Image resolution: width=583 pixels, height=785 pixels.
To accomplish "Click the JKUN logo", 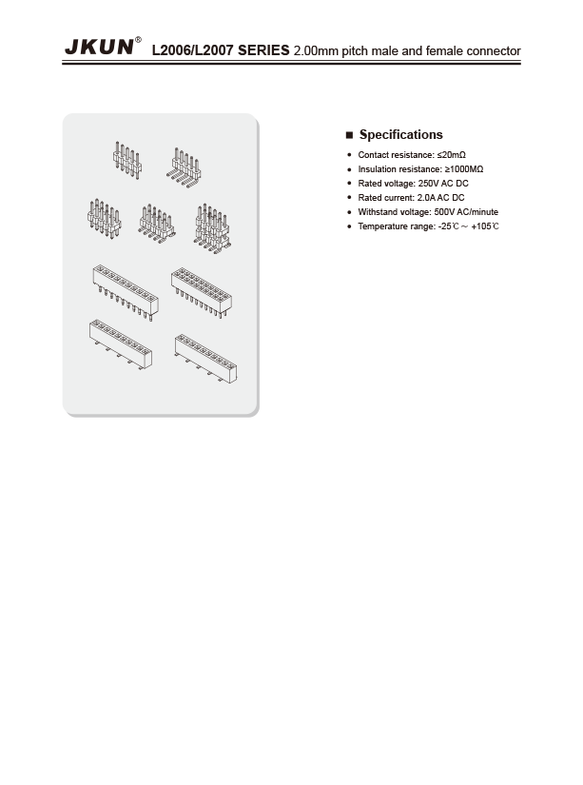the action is coord(99,47).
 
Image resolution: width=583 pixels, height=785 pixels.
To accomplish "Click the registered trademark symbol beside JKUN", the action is coord(138,40).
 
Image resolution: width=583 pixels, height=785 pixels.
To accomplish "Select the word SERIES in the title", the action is coord(263,50).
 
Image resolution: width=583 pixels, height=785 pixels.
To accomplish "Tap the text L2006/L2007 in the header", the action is coord(193,50).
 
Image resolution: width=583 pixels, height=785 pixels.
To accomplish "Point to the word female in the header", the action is coord(444,50).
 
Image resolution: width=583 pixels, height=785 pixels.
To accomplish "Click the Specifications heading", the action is coord(400,135).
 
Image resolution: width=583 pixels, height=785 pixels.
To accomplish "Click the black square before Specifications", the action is coord(349,135).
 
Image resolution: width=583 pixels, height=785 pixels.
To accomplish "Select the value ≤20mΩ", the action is coord(451,155).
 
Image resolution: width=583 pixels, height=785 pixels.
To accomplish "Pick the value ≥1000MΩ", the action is coord(464,169).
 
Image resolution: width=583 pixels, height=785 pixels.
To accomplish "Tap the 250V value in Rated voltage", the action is coord(428,184).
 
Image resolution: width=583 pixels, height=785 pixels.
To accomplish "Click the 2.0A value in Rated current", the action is coord(426,198).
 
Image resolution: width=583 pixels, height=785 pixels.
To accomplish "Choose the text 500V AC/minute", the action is coord(466,212).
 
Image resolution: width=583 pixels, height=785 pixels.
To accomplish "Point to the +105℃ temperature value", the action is coord(485,226).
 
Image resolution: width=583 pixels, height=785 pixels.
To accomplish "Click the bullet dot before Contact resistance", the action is coord(349,155).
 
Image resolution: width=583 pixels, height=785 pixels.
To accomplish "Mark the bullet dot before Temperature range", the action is coord(349,226).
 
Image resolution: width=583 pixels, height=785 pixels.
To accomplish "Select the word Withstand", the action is coord(377,212).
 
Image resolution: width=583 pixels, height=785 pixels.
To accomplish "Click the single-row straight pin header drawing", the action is coord(127,160).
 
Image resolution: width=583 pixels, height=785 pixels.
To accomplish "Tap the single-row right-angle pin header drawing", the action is coord(184,167).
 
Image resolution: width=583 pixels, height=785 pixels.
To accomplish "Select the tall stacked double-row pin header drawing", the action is coord(212,228).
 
